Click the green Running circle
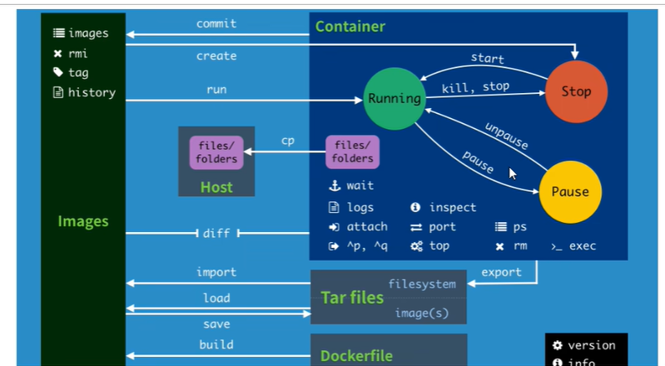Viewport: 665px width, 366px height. [x=395, y=98]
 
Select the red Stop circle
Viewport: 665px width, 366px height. [x=575, y=91]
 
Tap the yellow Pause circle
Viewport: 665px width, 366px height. [x=569, y=192]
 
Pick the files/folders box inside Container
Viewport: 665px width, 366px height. [x=353, y=152]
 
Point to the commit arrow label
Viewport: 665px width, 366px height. [x=216, y=24]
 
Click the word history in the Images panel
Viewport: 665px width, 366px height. [x=92, y=92]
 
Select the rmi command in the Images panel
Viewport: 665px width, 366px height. [x=78, y=53]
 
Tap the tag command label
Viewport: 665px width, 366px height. [x=78, y=72]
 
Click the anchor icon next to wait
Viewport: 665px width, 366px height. [x=334, y=185]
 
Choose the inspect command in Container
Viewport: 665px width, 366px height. [x=453, y=207]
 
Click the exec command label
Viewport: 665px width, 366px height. [x=582, y=246]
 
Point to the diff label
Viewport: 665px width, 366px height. [x=216, y=234]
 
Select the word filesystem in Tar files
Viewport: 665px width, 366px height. [x=422, y=284]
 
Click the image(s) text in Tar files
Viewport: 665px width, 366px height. [x=421, y=312]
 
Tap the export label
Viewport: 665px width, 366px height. [x=502, y=272]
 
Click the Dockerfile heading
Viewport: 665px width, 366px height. [x=356, y=355]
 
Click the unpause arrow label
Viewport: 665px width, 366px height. [x=506, y=136]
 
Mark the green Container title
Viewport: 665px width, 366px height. [x=350, y=27]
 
